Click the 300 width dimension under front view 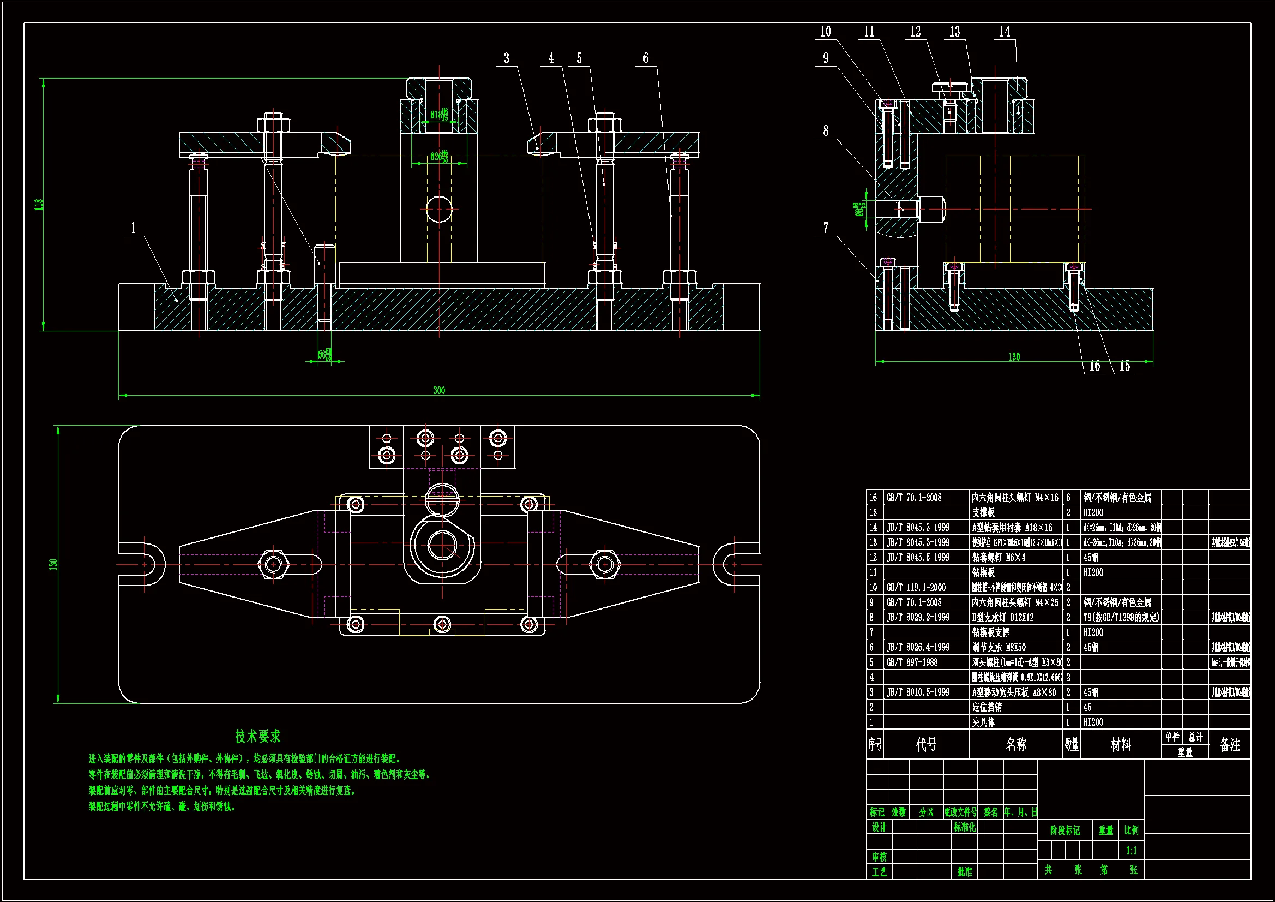click(438, 390)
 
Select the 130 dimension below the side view click(1014, 357)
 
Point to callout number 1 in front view click(133, 228)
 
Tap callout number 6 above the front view click(646, 58)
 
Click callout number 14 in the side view click(1005, 32)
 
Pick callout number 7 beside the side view click(826, 228)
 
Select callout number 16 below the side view click(1094, 366)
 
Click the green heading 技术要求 click(257, 736)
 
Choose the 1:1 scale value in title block click(1131, 850)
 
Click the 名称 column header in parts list click(1016, 745)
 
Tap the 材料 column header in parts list click(1121, 745)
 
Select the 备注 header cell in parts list click(1229, 745)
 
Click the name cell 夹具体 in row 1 click(983, 722)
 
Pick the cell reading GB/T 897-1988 click(912, 662)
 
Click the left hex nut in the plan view click(273, 565)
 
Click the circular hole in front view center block click(439, 210)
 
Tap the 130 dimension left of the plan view click(53, 564)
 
